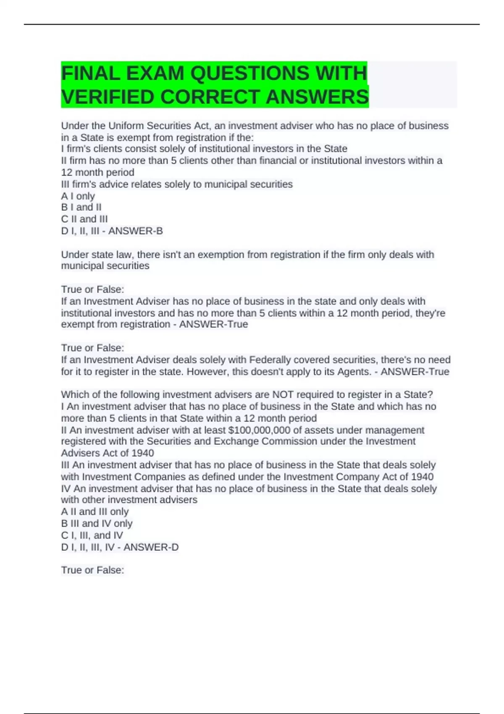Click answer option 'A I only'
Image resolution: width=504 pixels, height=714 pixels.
pos(78,196)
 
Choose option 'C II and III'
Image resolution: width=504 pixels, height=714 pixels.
pos(84,219)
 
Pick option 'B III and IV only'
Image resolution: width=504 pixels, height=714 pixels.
pos(97,524)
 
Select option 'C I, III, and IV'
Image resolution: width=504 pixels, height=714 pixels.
pos(92,535)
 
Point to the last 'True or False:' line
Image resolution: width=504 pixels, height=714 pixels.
pos(92,570)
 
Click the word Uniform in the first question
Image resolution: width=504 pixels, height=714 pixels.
pos(126,126)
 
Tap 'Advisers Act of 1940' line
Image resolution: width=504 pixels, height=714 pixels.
pos(108,453)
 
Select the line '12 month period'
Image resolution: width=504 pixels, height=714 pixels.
pos(98,173)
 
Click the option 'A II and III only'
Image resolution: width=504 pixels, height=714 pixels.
pos(95,512)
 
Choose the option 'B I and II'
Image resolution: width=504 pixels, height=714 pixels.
pos(81,207)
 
